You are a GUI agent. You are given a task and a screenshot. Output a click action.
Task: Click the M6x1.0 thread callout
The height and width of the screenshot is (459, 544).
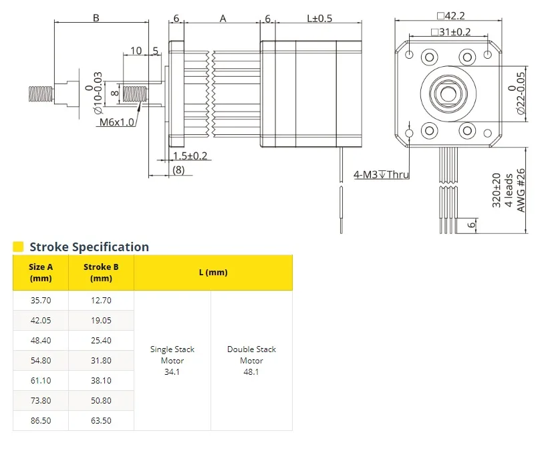(116, 122)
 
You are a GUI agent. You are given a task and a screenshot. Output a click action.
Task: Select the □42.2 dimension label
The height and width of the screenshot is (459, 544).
(450, 16)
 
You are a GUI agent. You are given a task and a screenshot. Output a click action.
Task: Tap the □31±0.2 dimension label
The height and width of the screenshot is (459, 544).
(450, 32)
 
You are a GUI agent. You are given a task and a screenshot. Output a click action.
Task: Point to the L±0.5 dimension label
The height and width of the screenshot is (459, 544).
(319, 18)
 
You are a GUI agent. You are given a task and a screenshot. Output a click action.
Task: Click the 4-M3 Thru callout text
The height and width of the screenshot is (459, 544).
(381, 174)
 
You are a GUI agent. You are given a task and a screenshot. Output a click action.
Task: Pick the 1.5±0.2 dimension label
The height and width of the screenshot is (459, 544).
(190, 156)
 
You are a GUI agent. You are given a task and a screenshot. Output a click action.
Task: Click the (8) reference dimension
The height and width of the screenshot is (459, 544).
(178, 170)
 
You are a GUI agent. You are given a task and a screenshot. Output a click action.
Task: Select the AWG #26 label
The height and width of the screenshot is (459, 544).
(521, 190)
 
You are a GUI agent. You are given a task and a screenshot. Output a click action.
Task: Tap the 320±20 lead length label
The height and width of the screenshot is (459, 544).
(497, 190)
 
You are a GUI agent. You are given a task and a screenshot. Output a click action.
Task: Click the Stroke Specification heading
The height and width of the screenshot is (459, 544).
(89, 247)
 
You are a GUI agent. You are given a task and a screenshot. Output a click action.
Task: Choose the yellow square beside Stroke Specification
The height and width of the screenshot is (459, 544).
(18, 247)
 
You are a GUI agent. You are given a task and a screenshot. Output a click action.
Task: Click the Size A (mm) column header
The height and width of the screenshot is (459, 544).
(41, 273)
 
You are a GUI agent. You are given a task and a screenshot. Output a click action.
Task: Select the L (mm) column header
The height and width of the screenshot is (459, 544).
(213, 273)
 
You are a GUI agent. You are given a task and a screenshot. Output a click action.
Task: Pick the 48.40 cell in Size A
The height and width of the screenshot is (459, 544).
(41, 340)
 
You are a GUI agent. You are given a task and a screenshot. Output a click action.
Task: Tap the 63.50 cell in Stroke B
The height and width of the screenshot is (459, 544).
(101, 420)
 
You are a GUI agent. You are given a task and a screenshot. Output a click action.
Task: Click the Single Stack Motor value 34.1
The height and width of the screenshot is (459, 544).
(172, 372)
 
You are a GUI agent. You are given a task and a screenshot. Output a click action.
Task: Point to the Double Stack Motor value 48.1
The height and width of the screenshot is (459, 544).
(251, 372)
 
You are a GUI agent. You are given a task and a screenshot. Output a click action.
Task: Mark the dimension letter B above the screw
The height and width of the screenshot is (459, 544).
(96, 17)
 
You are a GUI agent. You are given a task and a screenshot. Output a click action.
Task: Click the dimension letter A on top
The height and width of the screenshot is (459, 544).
(223, 19)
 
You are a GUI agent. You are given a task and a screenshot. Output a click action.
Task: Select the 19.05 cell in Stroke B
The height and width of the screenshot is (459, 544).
(101, 320)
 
